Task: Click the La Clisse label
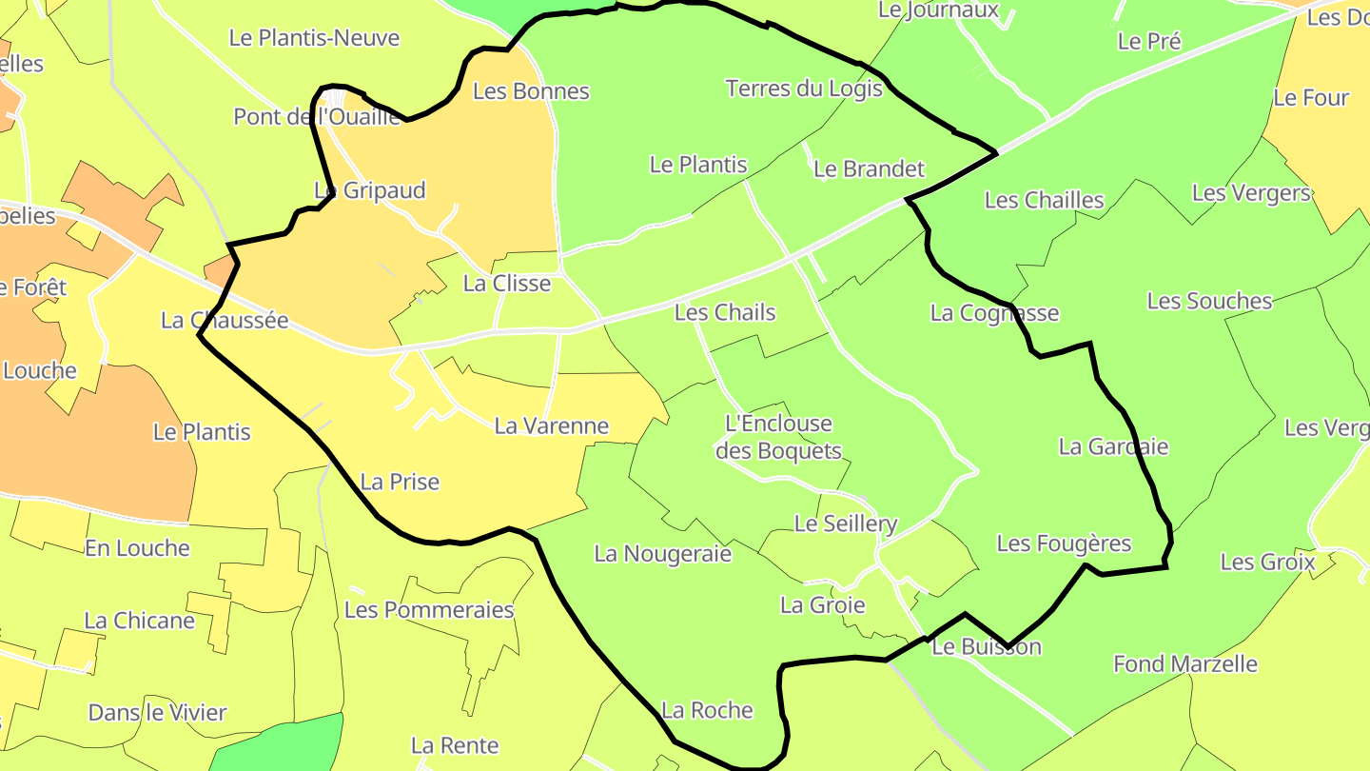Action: (506, 284)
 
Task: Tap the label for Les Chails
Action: (724, 312)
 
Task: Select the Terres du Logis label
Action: (803, 89)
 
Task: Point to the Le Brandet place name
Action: (869, 169)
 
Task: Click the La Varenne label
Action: (551, 425)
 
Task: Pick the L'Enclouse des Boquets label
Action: (778, 437)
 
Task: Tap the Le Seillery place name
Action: (845, 524)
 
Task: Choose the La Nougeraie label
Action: (662, 553)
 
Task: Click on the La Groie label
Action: (822, 604)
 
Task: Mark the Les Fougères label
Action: (1064, 544)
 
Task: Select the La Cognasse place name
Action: (994, 313)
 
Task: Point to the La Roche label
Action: (707, 710)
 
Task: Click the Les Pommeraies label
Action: (428, 609)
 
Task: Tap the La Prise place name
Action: (400, 482)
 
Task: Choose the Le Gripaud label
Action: (370, 190)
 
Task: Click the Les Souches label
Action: (1209, 301)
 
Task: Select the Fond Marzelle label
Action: (1184, 663)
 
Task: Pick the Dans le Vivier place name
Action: (157, 712)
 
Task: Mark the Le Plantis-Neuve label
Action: (314, 38)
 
